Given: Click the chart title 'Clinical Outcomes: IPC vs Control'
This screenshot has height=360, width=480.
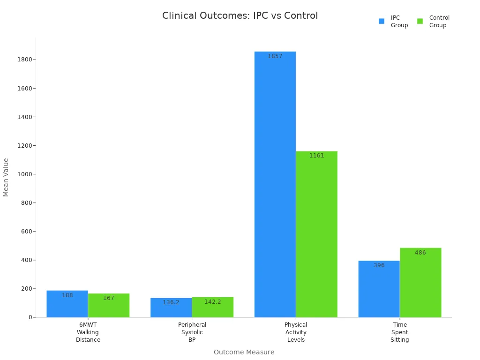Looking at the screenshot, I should click(240, 16).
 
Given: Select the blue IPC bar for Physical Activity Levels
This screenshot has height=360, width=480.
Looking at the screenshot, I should click(275, 187).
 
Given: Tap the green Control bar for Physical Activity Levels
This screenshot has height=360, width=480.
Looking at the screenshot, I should click(316, 234).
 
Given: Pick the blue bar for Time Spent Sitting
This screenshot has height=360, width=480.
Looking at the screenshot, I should click(379, 291).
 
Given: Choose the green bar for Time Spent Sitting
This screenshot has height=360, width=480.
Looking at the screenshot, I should click(420, 284).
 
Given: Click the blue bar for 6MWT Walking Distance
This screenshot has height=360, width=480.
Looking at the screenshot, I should click(67, 305).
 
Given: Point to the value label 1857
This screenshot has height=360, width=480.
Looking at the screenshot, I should click(275, 56).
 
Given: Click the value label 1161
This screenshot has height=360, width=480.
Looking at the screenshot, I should click(316, 156).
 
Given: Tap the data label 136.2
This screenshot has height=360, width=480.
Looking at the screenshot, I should click(171, 302).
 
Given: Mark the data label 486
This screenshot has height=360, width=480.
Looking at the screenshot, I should click(420, 253).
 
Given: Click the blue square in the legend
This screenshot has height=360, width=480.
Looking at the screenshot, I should click(382, 21).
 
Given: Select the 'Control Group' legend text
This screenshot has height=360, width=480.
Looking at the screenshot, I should click(439, 22).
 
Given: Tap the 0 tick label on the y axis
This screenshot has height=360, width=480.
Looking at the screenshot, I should click(30, 317).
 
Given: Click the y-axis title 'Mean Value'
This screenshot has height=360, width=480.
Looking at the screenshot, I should click(6, 177).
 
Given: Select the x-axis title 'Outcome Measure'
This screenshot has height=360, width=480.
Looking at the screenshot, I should click(244, 352).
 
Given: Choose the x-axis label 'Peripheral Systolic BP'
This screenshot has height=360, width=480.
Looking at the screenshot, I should click(192, 332).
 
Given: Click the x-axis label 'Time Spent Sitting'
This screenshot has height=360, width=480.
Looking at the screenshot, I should click(400, 332).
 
